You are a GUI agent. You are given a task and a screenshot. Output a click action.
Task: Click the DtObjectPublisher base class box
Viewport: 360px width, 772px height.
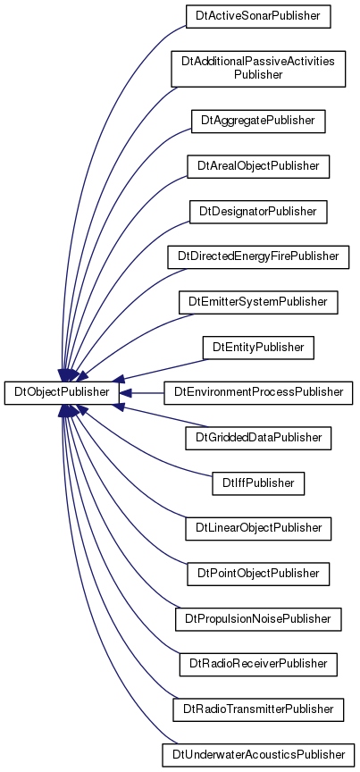62,392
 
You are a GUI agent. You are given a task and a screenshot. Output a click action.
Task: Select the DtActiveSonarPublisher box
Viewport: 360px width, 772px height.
257,16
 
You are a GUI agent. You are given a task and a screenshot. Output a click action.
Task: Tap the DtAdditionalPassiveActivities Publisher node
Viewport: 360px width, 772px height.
258,69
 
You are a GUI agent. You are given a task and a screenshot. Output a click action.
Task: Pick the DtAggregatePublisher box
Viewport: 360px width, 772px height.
258,121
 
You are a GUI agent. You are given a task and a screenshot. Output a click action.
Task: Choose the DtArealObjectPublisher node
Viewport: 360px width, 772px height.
258,166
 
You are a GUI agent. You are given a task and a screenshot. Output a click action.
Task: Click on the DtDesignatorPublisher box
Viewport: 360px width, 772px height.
258,211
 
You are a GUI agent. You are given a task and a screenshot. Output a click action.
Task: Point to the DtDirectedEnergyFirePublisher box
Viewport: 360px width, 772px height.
258,256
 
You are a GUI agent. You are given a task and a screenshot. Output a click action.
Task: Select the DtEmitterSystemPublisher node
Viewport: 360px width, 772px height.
258,302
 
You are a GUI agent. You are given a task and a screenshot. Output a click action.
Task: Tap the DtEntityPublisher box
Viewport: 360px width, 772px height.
258,347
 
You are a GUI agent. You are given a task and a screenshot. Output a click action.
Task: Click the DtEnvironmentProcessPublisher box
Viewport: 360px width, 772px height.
258,392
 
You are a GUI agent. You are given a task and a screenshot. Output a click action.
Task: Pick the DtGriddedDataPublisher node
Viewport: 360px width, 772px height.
258,438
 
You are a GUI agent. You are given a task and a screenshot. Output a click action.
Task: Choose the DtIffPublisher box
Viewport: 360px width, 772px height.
258,483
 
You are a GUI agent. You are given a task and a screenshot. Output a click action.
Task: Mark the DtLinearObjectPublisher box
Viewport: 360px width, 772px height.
258,528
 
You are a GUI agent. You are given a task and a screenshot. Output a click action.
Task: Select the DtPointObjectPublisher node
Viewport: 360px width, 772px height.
258,574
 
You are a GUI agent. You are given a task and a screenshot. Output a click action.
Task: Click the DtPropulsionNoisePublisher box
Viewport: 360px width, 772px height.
258,619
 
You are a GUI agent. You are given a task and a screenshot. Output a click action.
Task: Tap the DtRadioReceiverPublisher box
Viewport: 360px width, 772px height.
258,664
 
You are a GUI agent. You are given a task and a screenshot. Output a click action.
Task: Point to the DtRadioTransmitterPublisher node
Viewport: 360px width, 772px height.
258,709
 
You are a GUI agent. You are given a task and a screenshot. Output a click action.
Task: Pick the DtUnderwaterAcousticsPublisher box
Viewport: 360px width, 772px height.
258,755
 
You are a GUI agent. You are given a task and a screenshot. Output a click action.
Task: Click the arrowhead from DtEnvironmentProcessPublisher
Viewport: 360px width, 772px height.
125,393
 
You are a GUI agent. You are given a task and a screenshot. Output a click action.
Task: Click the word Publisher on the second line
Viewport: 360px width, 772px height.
258,75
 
